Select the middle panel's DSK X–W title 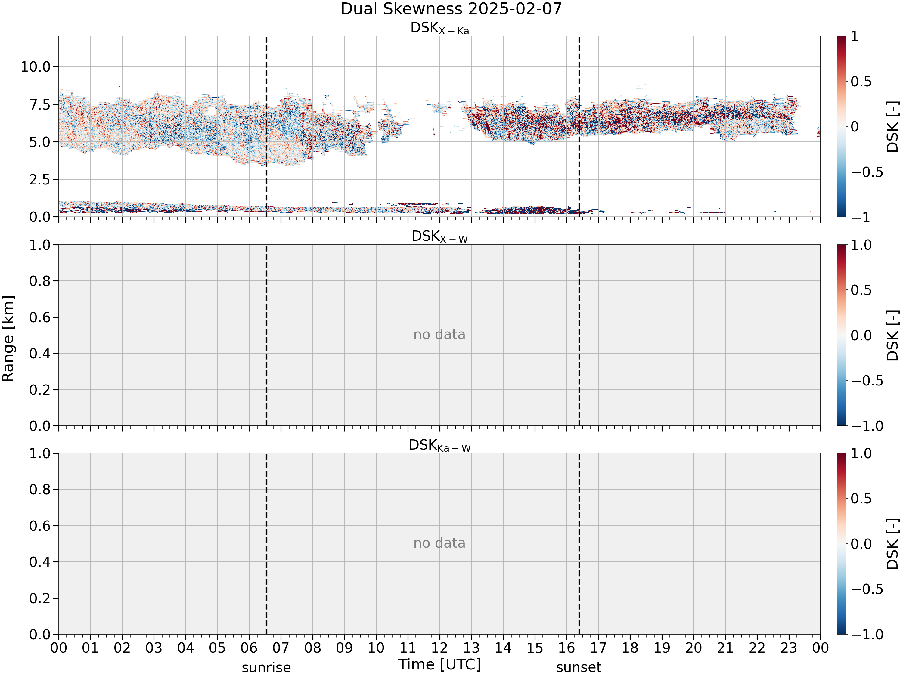(440, 237)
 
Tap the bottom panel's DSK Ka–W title (440, 445)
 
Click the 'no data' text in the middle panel (439, 335)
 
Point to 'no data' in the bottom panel (439, 543)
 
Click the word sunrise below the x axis (266, 668)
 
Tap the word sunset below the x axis (579, 668)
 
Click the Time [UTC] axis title (440, 664)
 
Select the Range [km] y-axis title (8, 339)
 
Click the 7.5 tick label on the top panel (40, 104)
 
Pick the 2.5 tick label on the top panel (40, 180)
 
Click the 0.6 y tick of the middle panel (40, 317)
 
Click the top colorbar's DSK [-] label (893, 126)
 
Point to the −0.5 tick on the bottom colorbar (867, 589)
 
